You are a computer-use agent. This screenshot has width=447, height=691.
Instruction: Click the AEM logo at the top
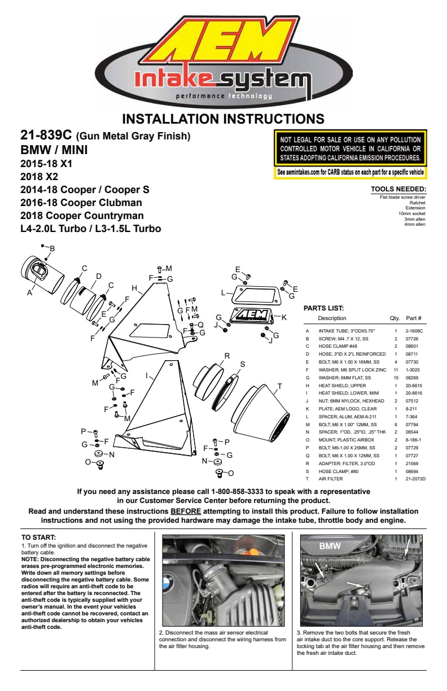click(223, 42)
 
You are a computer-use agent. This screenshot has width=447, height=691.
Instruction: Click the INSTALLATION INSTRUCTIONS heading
click(224, 119)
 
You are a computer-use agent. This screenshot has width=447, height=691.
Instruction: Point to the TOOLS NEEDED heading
click(398, 189)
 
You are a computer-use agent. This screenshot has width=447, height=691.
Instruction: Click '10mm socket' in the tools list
click(411, 213)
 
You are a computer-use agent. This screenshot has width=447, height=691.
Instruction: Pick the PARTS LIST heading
click(323, 308)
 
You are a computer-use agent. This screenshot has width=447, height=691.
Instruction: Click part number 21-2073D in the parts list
click(415, 479)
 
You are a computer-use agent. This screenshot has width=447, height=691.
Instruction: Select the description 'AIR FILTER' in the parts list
click(331, 479)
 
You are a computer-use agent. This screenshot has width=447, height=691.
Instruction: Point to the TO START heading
click(38, 537)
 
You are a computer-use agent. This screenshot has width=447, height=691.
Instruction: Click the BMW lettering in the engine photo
click(330, 546)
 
